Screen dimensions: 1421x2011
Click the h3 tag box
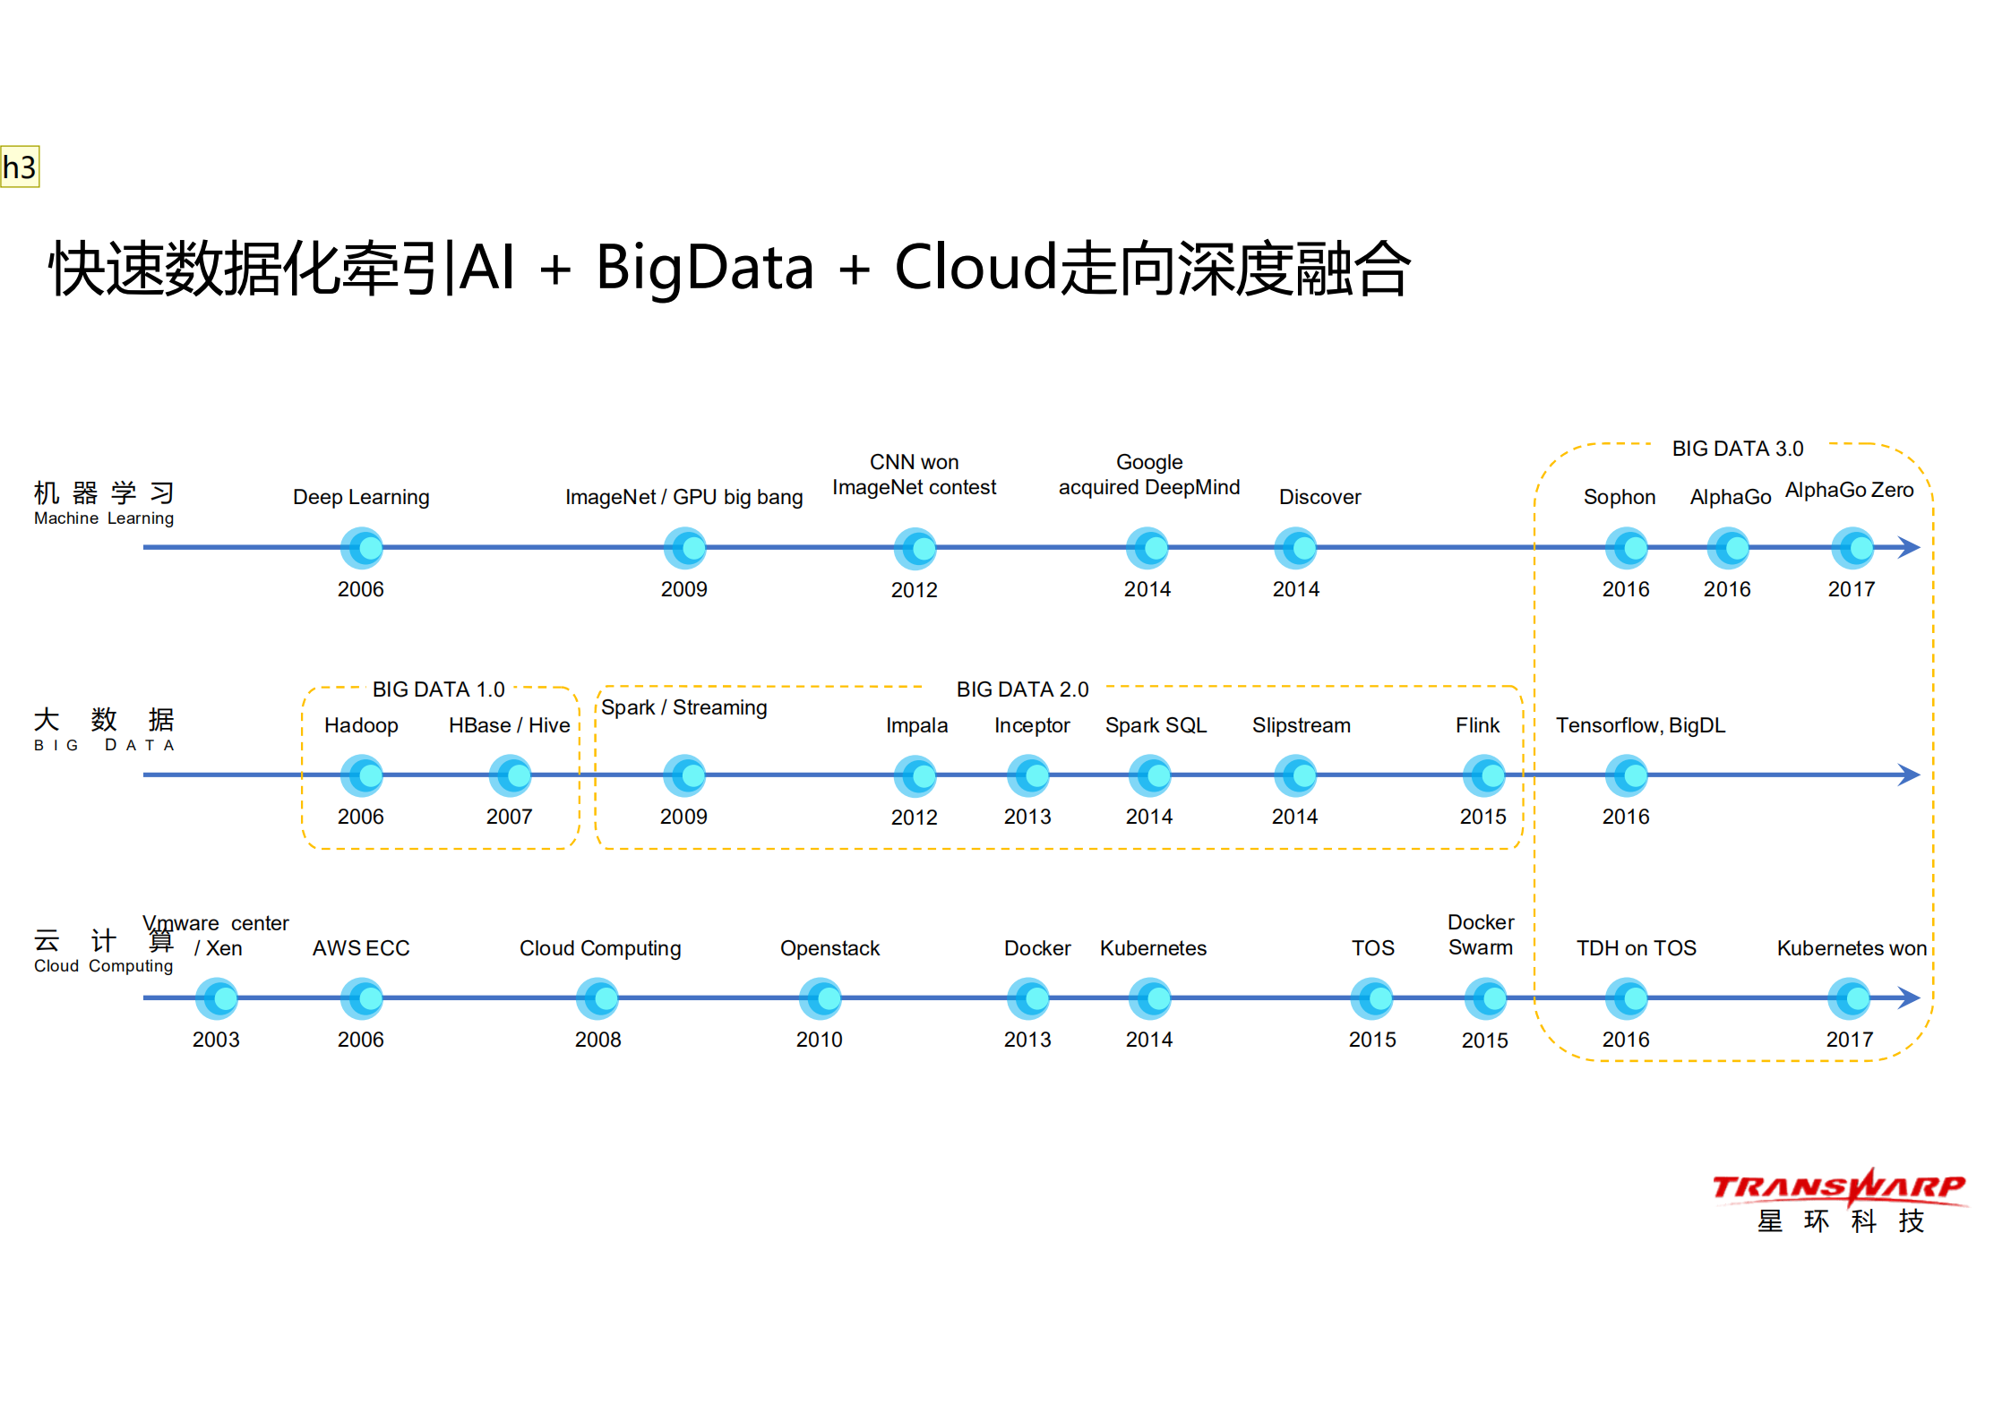pyautogui.click(x=20, y=167)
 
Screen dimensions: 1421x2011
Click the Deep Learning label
pyautogui.click(x=361, y=497)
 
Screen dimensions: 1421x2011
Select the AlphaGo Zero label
pyautogui.click(x=1849, y=490)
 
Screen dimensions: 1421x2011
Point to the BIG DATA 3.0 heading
pyautogui.click(x=1737, y=449)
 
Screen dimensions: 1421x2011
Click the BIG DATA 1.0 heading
pyautogui.click(x=438, y=689)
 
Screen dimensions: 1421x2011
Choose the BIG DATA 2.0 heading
pyautogui.click(x=1022, y=689)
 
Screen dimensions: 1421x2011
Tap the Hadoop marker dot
pyautogui.click(x=362, y=775)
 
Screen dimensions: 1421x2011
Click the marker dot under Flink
pyautogui.click(x=1484, y=775)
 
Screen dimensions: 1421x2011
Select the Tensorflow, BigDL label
pyautogui.click(x=1640, y=725)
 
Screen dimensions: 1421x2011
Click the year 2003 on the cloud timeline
pyautogui.click(x=216, y=1040)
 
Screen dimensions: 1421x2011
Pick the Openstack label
pyautogui.click(x=829, y=948)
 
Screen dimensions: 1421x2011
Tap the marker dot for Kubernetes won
pyautogui.click(x=1851, y=998)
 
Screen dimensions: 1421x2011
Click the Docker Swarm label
pyautogui.click(x=1481, y=935)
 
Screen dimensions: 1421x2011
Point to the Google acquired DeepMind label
pyautogui.click(x=1149, y=475)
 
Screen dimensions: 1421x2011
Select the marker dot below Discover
pyautogui.click(x=1296, y=548)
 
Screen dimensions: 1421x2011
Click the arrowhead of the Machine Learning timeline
pyautogui.click(x=1910, y=547)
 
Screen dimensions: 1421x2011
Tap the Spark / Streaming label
pyautogui.click(x=683, y=707)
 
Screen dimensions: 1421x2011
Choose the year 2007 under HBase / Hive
pyautogui.click(x=509, y=817)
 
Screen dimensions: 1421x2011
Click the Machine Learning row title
pyautogui.click(x=104, y=503)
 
